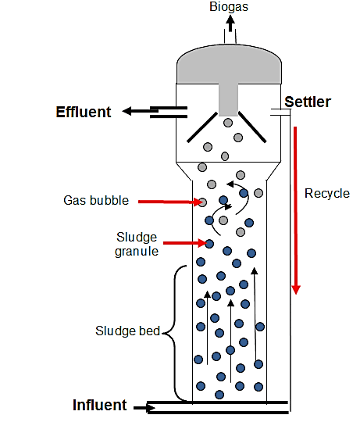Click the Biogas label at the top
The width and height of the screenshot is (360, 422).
228,7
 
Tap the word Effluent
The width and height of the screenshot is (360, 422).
84,112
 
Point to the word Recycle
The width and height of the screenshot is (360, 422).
326,194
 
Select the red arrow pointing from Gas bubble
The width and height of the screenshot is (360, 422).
167,202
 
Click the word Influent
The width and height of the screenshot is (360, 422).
99,405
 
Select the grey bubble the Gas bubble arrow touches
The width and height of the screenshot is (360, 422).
202,202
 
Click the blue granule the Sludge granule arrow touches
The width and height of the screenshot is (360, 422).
209,244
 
